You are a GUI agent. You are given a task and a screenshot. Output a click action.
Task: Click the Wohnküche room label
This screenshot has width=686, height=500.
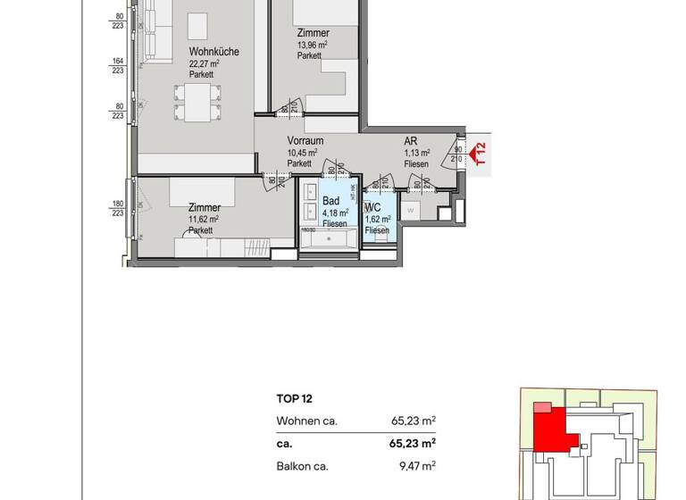click(213, 53)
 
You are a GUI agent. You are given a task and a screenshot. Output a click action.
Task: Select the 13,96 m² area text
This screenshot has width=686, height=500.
click(313, 45)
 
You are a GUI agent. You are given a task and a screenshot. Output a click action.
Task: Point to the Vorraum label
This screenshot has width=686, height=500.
click(305, 141)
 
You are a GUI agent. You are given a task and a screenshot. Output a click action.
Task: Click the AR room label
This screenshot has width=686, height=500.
click(411, 141)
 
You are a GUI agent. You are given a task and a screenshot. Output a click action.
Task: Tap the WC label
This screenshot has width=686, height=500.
click(373, 207)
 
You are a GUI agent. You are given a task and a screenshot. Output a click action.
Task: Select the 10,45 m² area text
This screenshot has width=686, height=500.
click(303, 153)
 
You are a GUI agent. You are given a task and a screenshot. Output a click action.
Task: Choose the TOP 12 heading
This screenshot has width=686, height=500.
click(295, 399)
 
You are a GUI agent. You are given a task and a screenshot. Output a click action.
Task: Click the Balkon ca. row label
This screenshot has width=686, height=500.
click(302, 465)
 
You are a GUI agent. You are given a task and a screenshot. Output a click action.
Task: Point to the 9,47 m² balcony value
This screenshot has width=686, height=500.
click(418, 465)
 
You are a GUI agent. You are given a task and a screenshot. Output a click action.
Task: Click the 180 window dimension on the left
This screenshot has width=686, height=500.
click(116, 204)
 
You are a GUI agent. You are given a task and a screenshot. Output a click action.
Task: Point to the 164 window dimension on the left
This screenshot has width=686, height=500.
click(116, 62)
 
